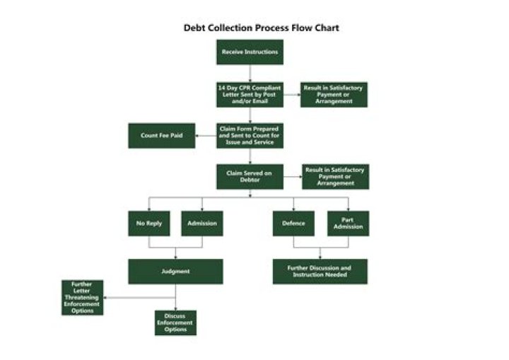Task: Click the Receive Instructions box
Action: (x=250, y=52)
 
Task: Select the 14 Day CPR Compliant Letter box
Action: (x=250, y=94)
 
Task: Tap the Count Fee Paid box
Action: (x=161, y=135)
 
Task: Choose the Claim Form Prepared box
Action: (x=250, y=135)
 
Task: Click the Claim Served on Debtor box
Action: (x=250, y=176)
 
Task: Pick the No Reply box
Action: (x=148, y=223)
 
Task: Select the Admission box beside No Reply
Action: (x=202, y=223)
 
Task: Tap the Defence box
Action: (x=293, y=223)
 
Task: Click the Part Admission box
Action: (x=348, y=223)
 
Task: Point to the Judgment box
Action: (x=175, y=271)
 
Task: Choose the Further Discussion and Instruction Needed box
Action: (x=320, y=271)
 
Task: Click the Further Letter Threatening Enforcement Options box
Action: (x=82, y=297)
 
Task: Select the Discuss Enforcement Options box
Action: (x=175, y=323)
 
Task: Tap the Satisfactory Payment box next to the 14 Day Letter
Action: (x=334, y=94)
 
